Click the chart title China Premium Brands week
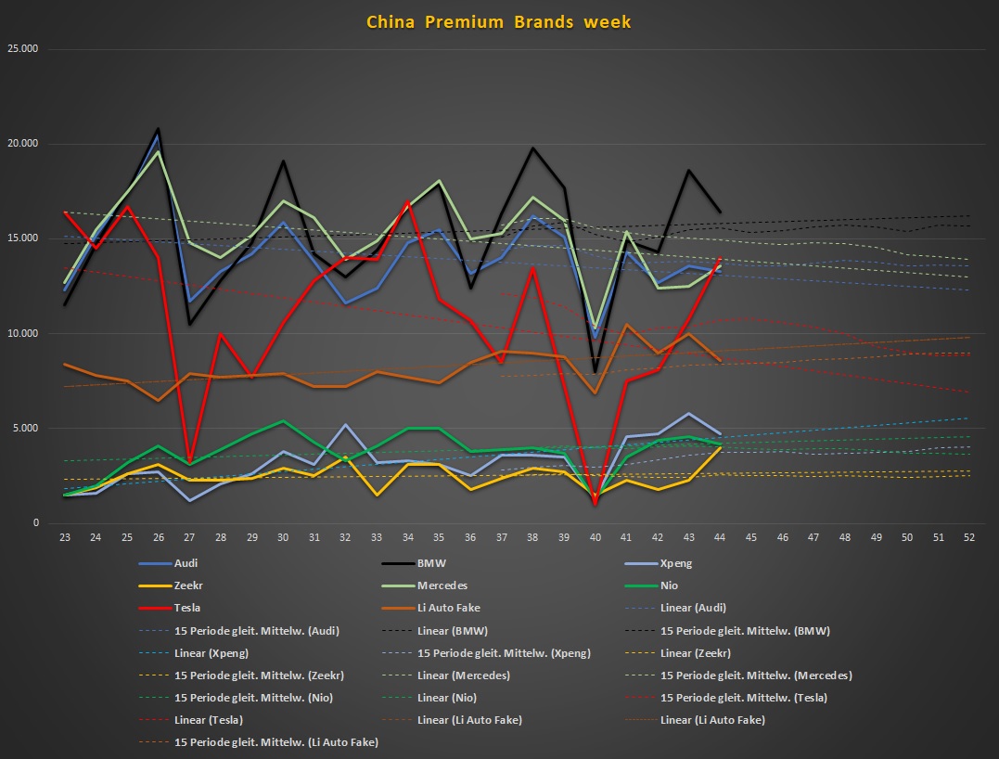(x=498, y=21)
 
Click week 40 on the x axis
(x=594, y=538)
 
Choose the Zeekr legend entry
(x=190, y=585)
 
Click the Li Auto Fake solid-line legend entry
(x=455, y=608)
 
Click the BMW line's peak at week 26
(x=159, y=129)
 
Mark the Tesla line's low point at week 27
(x=189, y=460)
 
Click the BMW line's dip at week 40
(x=594, y=372)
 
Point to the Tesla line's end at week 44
(x=719, y=259)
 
